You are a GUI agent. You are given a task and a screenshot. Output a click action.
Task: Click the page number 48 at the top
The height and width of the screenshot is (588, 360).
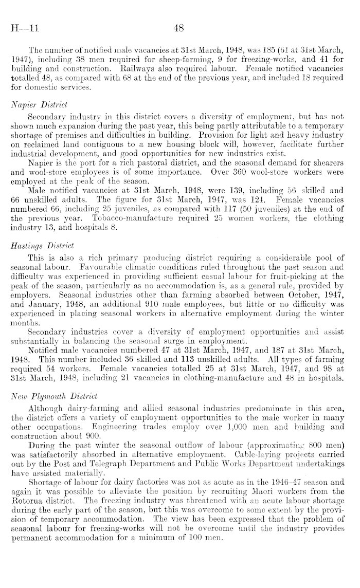[x=179, y=30]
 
